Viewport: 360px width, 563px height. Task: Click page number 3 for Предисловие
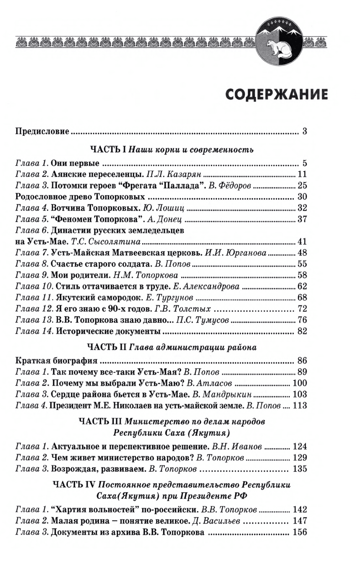pos(304,131)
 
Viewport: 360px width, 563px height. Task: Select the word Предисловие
pos(42,131)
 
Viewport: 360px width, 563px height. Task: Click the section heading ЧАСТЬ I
pos(108,149)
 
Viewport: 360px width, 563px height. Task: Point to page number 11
pos(302,174)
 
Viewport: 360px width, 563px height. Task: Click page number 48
pos(302,253)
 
